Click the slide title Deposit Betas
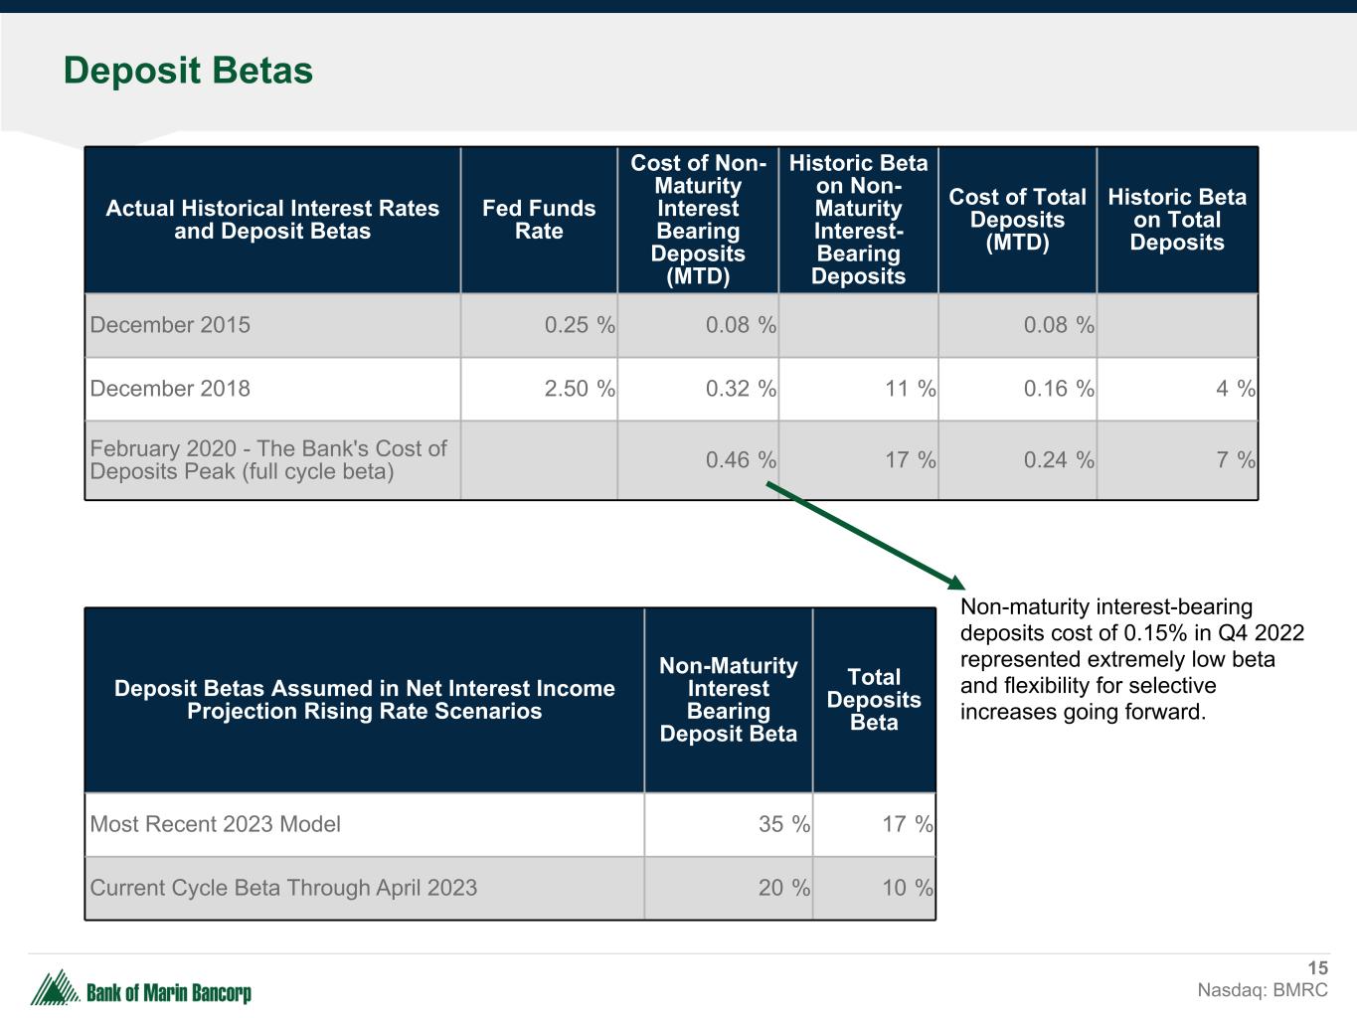tap(188, 71)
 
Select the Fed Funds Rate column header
tap(539, 220)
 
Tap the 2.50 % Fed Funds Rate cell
tap(579, 389)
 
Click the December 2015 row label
tap(170, 325)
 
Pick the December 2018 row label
tap(170, 389)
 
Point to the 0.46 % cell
tap(740, 460)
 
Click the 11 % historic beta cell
tap(910, 389)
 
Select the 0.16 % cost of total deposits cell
tap(1058, 389)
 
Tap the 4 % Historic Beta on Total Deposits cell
tap(1235, 389)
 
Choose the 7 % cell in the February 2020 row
tap(1235, 460)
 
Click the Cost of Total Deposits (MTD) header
tap(1017, 220)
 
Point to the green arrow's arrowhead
tap(956, 584)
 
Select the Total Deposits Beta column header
tap(874, 700)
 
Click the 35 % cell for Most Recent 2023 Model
tap(783, 824)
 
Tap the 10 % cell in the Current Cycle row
tap(907, 888)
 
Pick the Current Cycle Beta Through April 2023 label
tap(283, 888)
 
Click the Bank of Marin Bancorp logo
tap(140, 990)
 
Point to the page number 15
tap(1317, 968)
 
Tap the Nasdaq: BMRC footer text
tap(1262, 990)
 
